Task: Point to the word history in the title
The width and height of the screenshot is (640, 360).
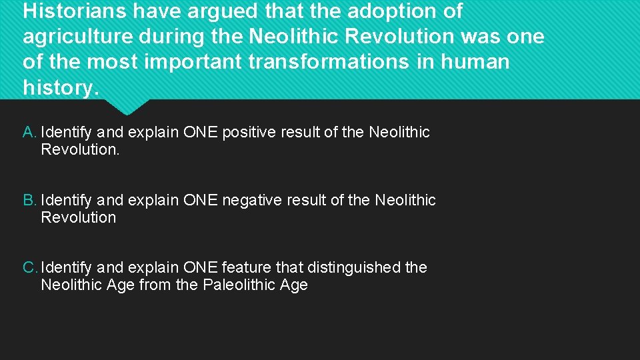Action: [58, 87]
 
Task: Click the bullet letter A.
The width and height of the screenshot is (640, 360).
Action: [29, 132]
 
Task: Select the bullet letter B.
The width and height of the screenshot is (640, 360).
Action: [29, 200]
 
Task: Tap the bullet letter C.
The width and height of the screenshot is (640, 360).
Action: [29, 267]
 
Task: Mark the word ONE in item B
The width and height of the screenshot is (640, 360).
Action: [200, 200]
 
